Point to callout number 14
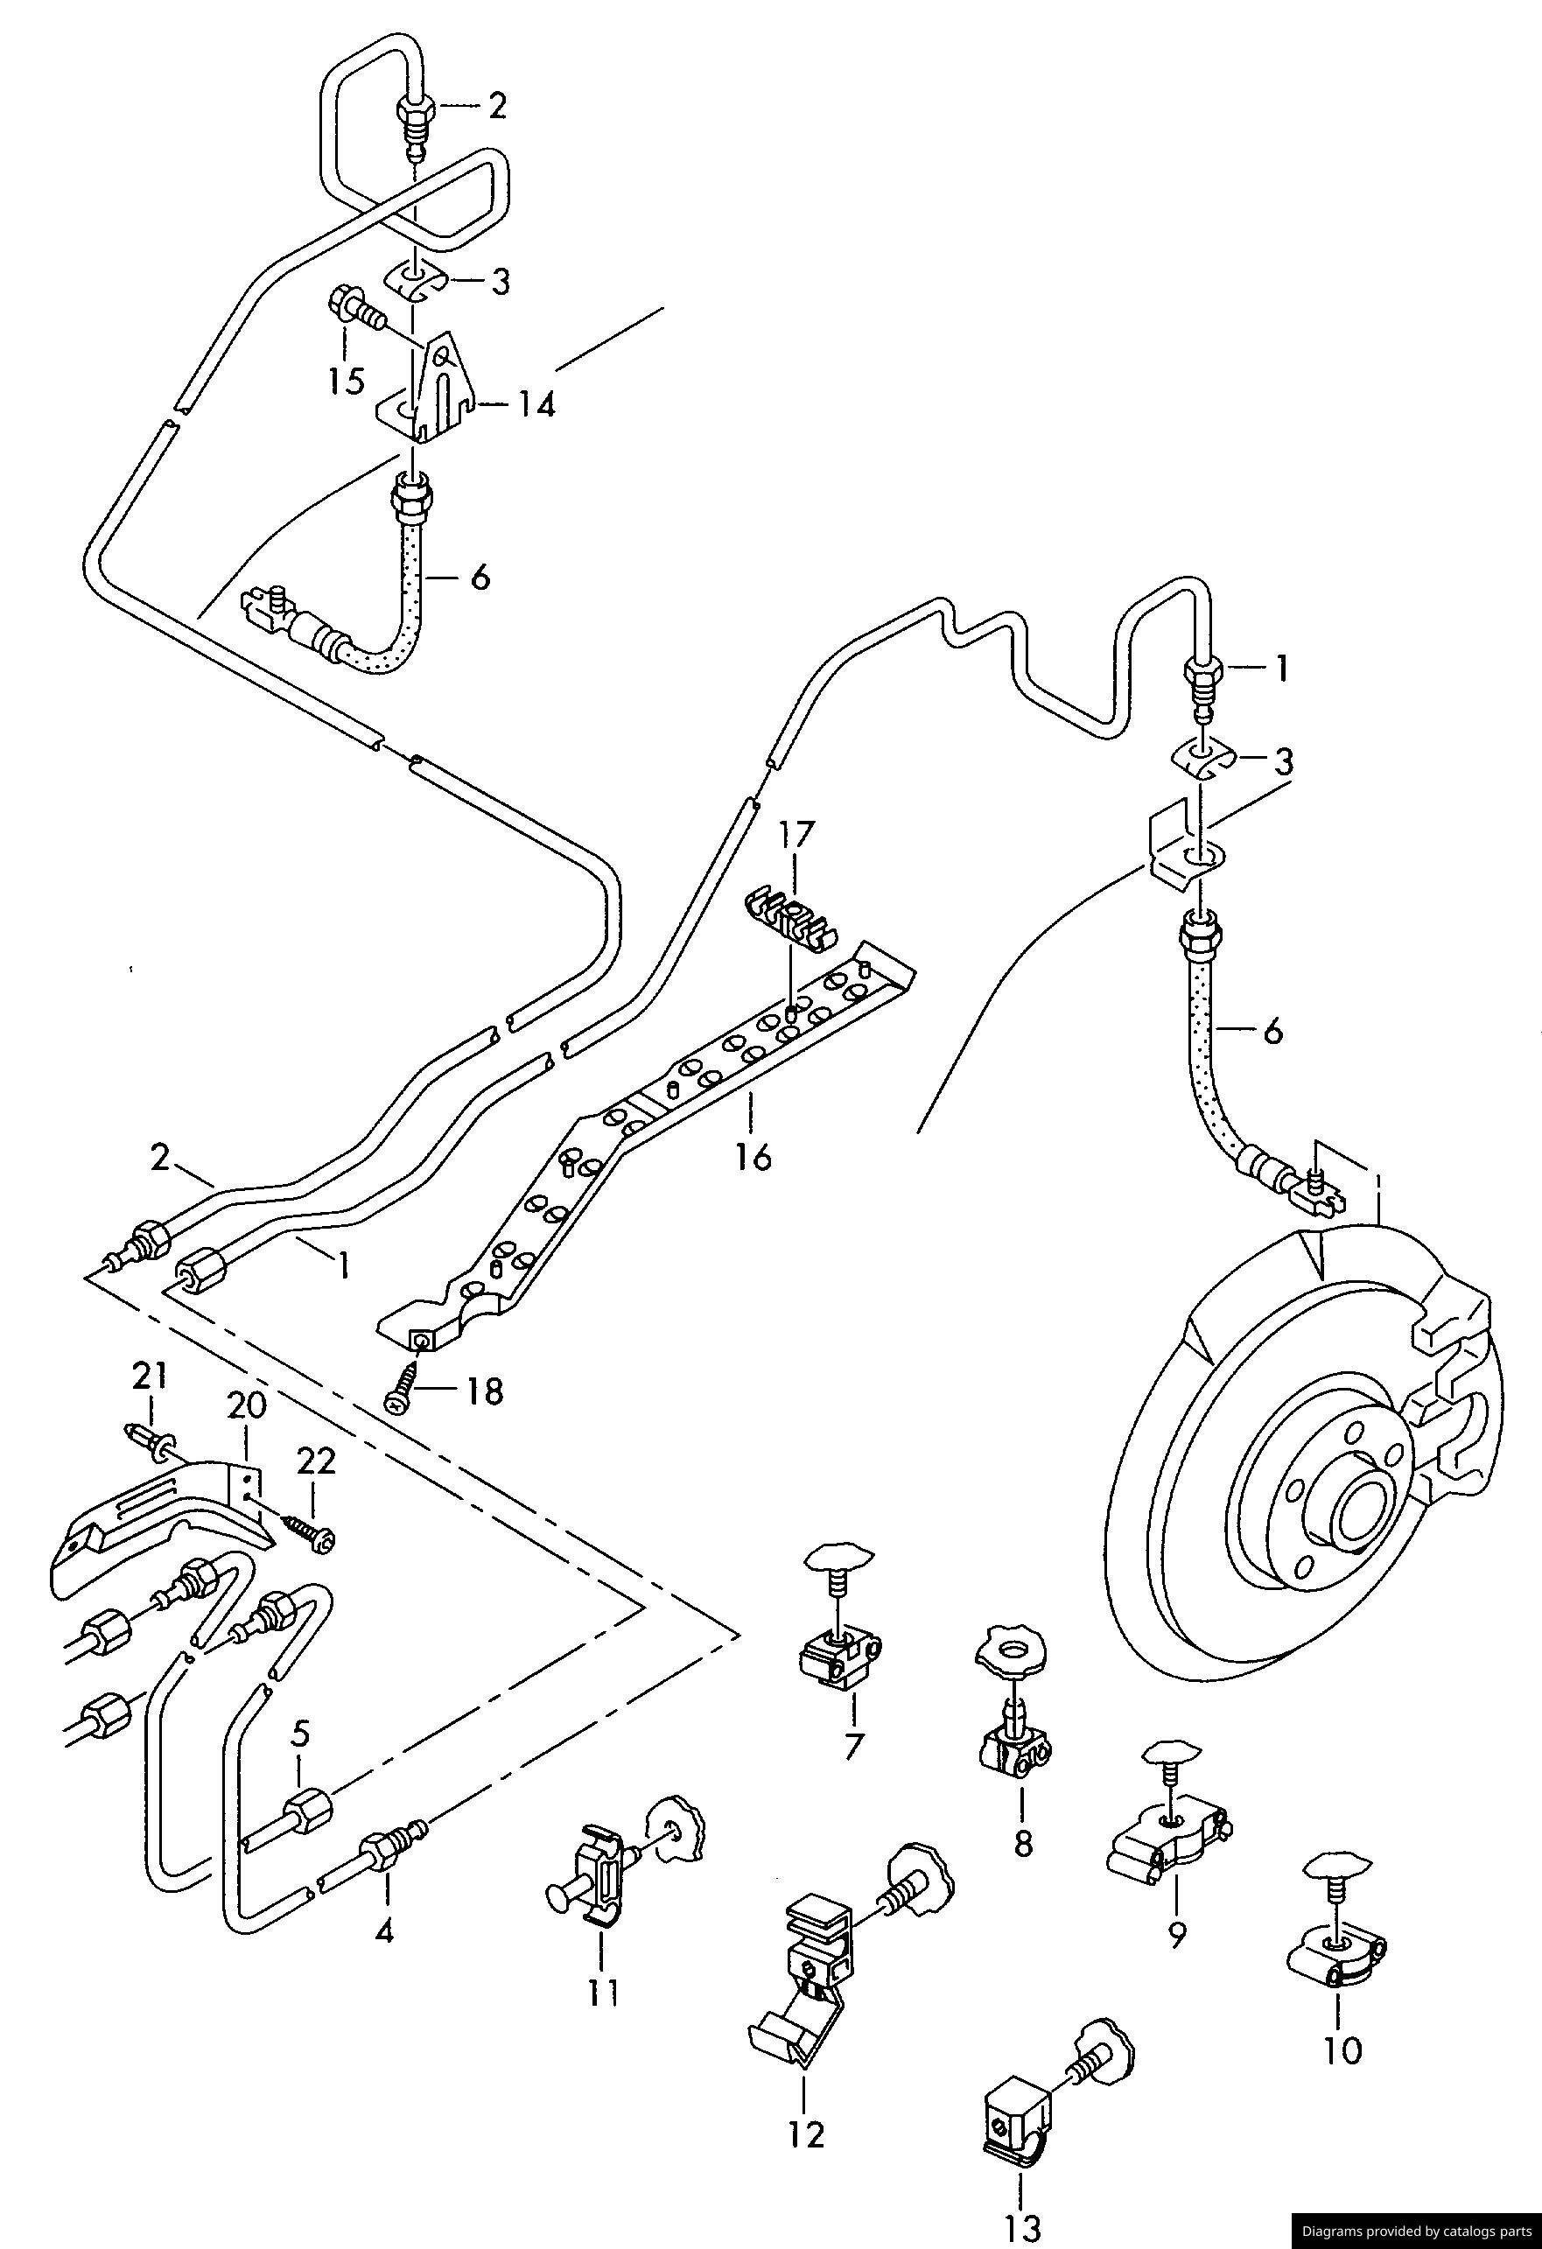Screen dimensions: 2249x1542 coord(536,403)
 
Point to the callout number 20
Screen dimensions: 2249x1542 coord(247,1405)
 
